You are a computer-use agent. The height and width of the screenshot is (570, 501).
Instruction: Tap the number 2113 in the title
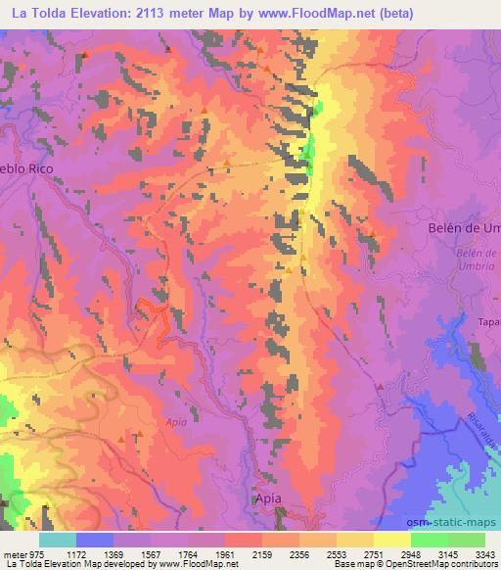153,14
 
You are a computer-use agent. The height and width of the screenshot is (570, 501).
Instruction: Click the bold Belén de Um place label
464,227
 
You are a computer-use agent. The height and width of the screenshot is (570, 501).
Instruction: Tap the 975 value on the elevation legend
38,553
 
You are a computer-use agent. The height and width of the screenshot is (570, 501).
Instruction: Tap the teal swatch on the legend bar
58,540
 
